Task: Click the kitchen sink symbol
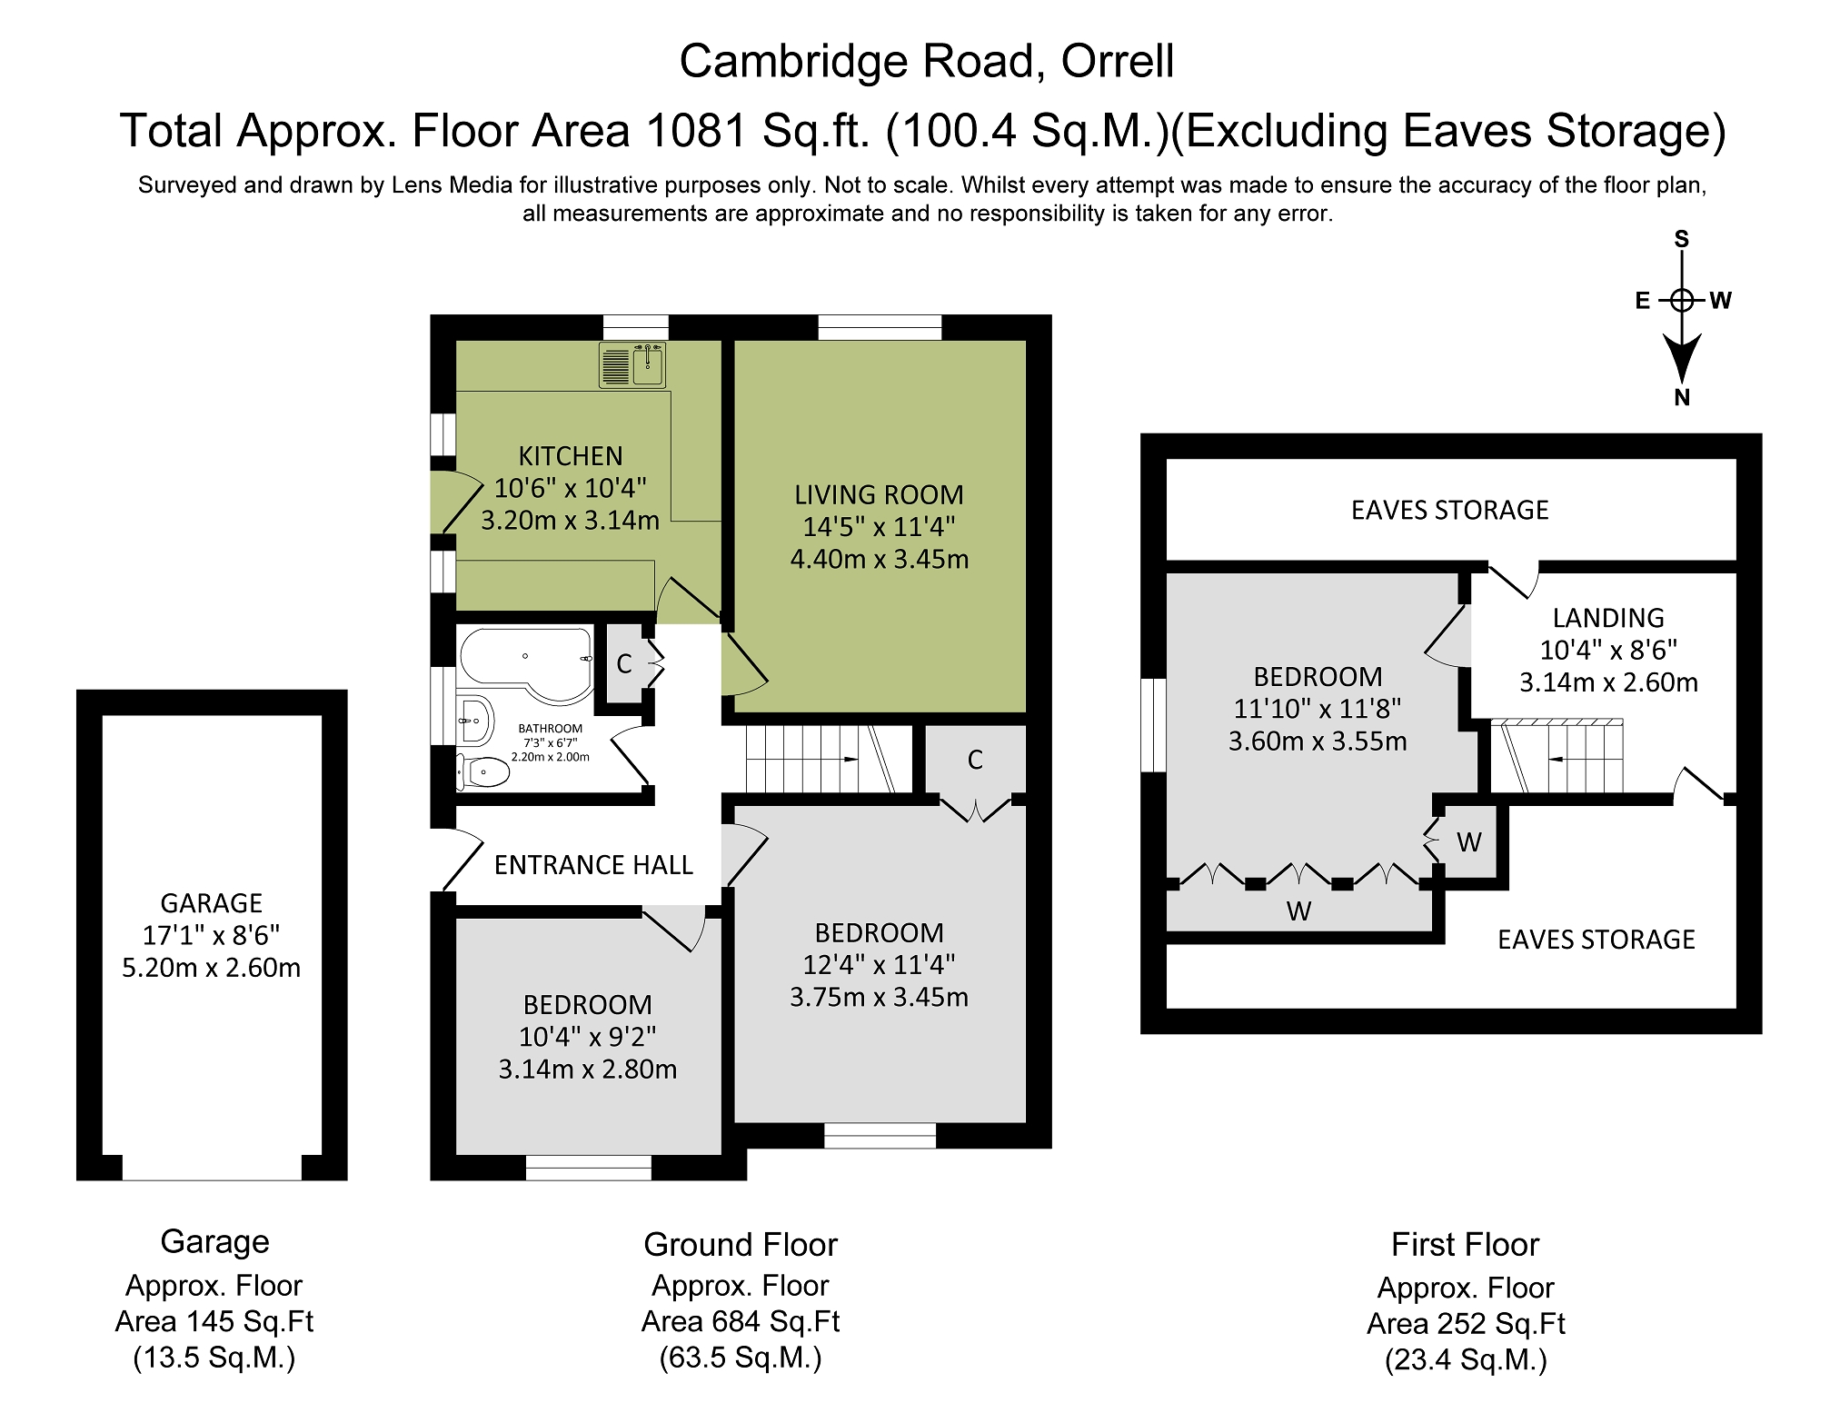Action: tap(633, 364)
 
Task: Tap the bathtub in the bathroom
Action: tap(525, 663)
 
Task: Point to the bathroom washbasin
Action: tap(474, 721)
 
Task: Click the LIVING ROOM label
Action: tap(879, 495)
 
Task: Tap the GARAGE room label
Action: tap(212, 903)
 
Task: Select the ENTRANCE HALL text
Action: tap(593, 865)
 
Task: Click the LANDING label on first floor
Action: tap(1608, 618)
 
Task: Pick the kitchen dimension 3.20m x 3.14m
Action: tap(570, 521)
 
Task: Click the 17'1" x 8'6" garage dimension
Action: tap(212, 935)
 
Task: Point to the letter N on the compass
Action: tap(1682, 397)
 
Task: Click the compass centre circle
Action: tap(1682, 300)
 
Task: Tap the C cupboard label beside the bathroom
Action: tap(624, 664)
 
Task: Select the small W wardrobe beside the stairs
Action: tap(1469, 842)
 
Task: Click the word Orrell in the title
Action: tap(1118, 62)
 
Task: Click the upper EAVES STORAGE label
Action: tap(1449, 511)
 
